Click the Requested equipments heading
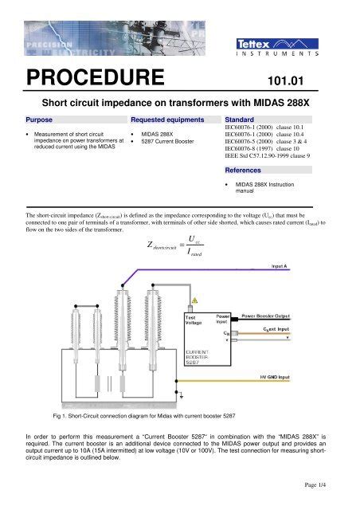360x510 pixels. (x=163, y=116)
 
